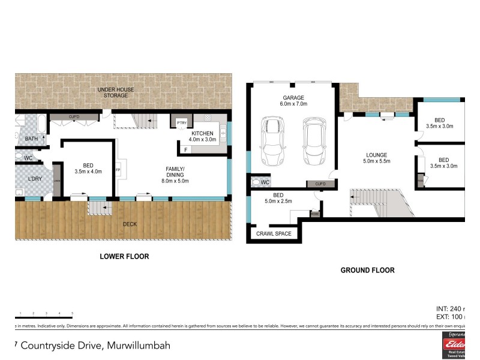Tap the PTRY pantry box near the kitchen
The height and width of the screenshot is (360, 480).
[x=181, y=123]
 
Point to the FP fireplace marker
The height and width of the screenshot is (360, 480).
[x=118, y=170]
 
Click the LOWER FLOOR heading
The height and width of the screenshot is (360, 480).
[x=124, y=256]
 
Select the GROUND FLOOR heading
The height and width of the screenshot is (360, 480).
[x=367, y=270]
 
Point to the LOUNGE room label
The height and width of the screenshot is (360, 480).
[x=377, y=158]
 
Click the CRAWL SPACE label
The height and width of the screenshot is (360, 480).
[x=273, y=233]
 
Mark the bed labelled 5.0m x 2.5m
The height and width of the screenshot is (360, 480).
[x=278, y=199]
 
